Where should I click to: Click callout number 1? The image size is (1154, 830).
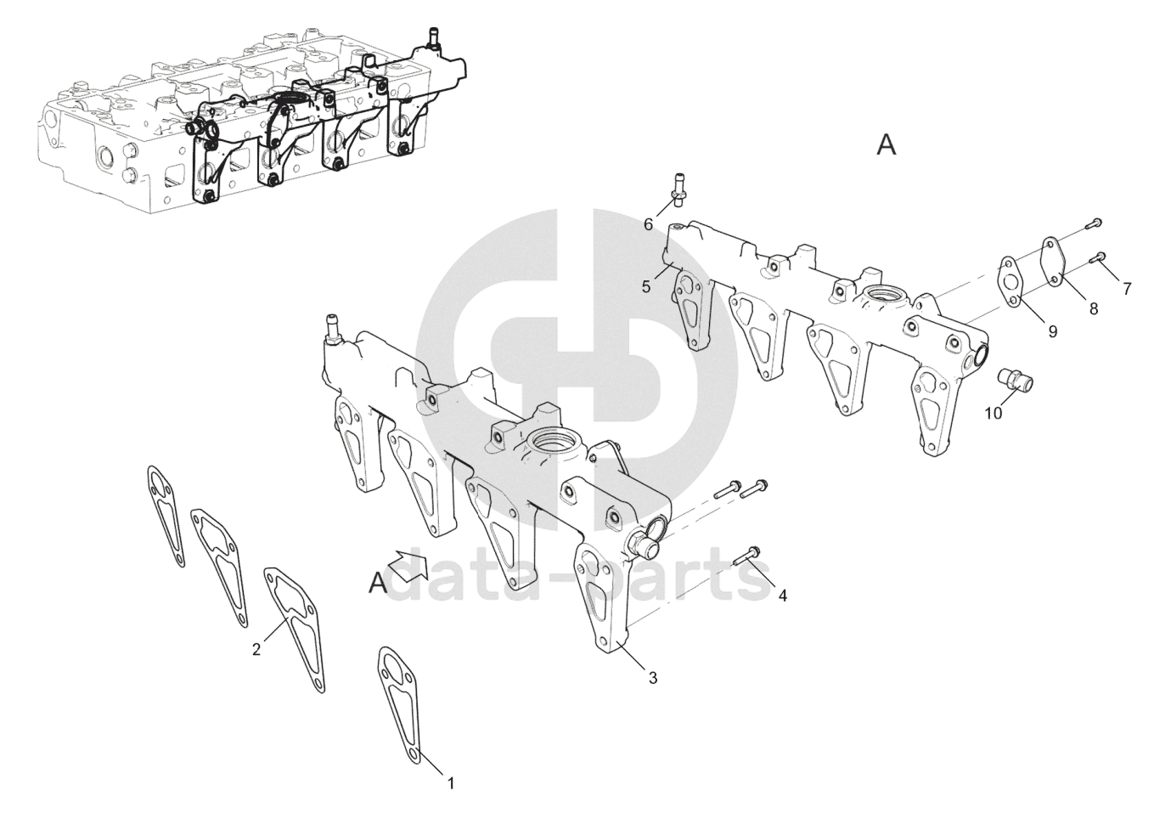click(451, 783)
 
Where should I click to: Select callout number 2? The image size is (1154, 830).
click(256, 651)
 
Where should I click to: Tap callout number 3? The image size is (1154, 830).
click(652, 678)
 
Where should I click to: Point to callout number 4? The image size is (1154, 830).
click(782, 596)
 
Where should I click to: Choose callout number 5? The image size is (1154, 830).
click(646, 287)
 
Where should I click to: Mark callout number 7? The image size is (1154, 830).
click(1127, 289)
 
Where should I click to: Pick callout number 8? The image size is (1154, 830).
click(1094, 309)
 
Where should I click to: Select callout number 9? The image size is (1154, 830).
click(1052, 331)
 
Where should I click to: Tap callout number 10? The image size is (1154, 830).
click(993, 413)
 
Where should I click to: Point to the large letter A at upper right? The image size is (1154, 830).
click(886, 146)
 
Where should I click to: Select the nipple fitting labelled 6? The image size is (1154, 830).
click(678, 189)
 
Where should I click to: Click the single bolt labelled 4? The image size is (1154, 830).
click(748, 555)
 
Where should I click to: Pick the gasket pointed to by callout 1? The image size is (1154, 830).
click(399, 702)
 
